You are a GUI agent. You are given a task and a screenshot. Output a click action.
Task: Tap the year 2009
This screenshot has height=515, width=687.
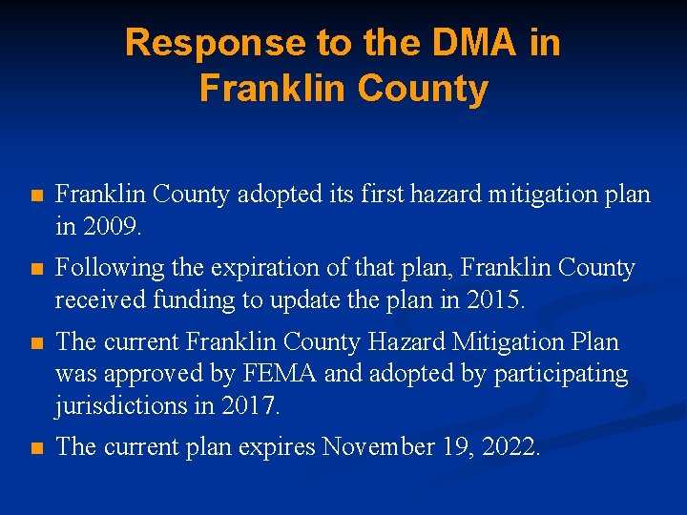(113, 228)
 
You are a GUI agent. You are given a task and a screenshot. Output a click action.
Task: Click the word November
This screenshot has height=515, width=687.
(379, 446)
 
